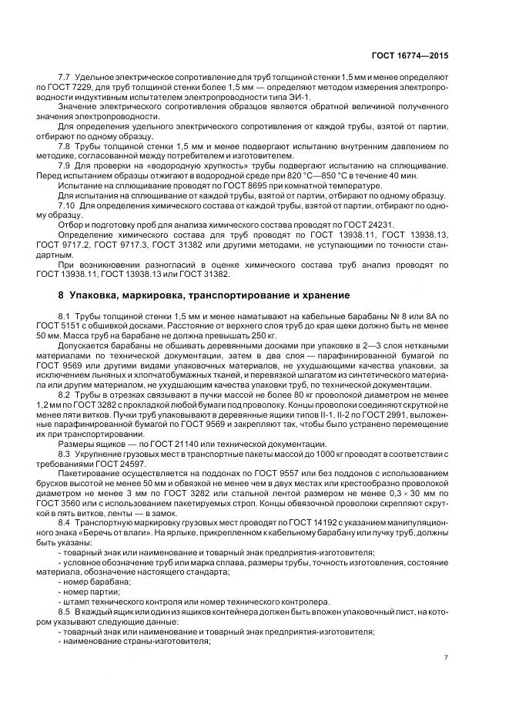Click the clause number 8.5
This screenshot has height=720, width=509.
pyautogui.click(x=65, y=612)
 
